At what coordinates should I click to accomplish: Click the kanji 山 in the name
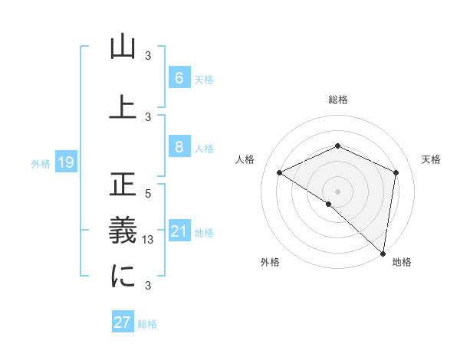pyautogui.click(x=123, y=47)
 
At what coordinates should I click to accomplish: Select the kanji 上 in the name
pyautogui.click(x=123, y=107)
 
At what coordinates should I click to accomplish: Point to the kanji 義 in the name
pyautogui.click(x=123, y=231)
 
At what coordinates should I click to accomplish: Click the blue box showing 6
pyautogui.click(x=179, y=77)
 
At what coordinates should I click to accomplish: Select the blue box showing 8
pyautogui.click(x=179, y=147)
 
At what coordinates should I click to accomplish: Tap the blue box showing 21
pyautogui.click(x=179, y=232)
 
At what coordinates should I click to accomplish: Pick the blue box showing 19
pyautogui.click(x=65, y=162)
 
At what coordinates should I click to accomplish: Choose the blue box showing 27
pyautogui.click(x=123, y=322)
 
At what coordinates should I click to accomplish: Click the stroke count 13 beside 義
pyautogui.click(x=149, y=240)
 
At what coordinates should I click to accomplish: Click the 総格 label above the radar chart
pyautogui.click(x=337, y=100)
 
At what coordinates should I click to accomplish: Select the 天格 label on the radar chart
pyautogui.click(x=431, y=159)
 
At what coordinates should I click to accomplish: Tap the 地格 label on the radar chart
pyautogui.click(x=402, y=263)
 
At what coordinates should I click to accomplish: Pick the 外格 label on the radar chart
pyautogui.click(x=270, y=263)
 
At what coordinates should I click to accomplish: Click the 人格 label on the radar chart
pyautogui.click(x=245, y=159)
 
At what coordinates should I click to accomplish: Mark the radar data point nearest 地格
pyautogui.click(x=383, y=253)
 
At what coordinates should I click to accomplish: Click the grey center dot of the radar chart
pyautogui.click(x=337, y=190)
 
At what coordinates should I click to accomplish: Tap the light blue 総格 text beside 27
pyautogui.click(x=147, y=324)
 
